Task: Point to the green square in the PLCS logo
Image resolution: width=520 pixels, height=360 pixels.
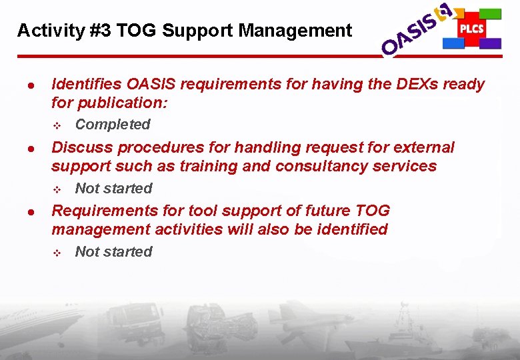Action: pyautogui.click(x=490, y=13)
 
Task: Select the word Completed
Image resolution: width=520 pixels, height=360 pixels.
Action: pyautogui.click(x=113, y=125)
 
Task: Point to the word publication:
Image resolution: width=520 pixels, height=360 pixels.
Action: pyautogui.click(x=123, y=103)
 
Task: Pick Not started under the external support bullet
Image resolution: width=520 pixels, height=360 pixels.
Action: pyautogui.click(x=113, y=189)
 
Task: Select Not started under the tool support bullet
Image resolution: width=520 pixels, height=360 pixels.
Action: pyautogui.click(x=113, y=252)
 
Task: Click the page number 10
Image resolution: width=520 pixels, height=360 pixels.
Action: pyautogui.click(x=493, y=347)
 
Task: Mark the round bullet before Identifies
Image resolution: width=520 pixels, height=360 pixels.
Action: pyautogui.click(x=31, y=85)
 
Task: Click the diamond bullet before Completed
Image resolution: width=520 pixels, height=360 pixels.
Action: pyautogui.click(x=57, y=125)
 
